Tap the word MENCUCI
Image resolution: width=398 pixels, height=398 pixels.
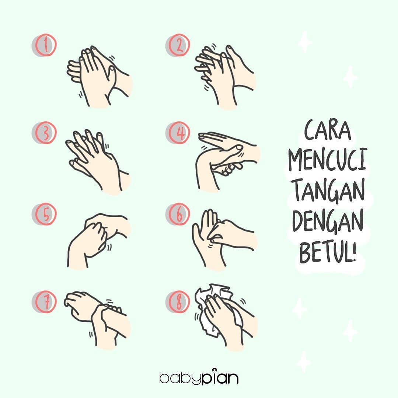pyautogui.click(x=328, y=160)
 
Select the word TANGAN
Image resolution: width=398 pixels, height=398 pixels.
pyautogui.click(x=328, y=191)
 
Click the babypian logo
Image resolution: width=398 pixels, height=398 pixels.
pyautogui.click(x=199, y=377)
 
